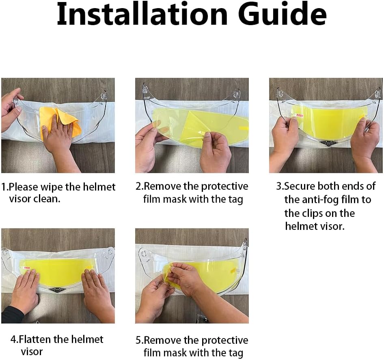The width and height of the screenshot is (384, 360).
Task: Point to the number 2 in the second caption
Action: pyautogui.click(x=138, y=186)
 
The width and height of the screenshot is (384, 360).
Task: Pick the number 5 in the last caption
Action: pyautogui.click(x=138, y=341)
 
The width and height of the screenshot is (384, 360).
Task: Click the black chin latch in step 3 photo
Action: pyautogui.click(x=328, y=144)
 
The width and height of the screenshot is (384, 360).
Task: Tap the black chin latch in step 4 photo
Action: pyautogui.click(x=56, y=290)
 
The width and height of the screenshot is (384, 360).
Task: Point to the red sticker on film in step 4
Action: pyautogui.click(x=26, y=268)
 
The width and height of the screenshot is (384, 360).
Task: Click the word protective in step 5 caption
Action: pyautogui.click(x=224, y=341)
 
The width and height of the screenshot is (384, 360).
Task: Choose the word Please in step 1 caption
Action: pyautogui.click(x=23, y=187)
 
